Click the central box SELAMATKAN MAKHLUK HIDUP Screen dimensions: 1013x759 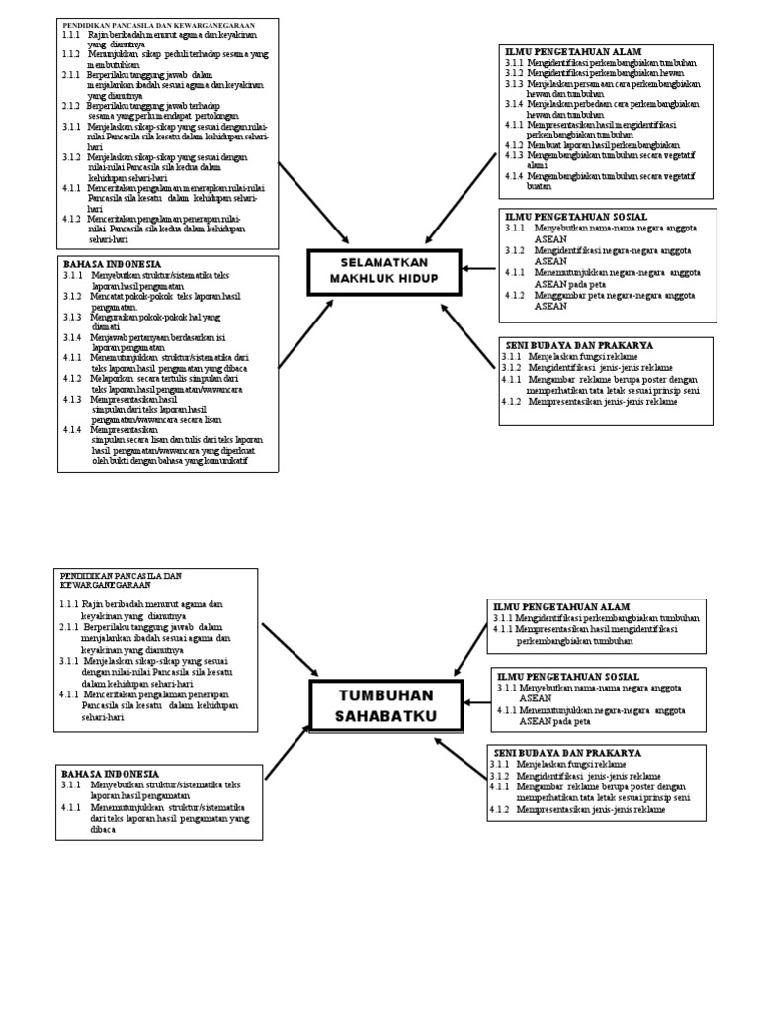coord(383,272)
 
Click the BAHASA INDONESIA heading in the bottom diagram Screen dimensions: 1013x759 coord(111,773)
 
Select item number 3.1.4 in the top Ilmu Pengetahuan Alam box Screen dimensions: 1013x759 coord(513,103)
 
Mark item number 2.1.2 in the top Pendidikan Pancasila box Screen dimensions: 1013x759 coord(71,105)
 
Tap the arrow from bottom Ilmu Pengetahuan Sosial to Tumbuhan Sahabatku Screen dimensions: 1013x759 coord(476,702)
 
